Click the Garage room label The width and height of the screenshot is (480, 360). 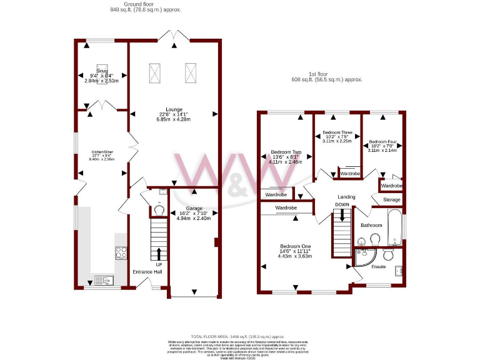coord(194,208)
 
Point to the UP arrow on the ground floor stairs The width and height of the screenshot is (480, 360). coord(158,253)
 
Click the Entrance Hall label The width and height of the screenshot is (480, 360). coord(147,272)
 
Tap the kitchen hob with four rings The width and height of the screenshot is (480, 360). coord(121,252)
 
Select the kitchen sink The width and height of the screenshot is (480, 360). coord(102,279)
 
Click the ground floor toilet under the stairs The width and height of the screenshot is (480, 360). coord(159,211)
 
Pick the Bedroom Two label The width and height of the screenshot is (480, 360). coord(286,152)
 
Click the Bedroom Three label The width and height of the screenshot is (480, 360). coord(337,132)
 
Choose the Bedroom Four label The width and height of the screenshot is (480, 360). coord(382,142)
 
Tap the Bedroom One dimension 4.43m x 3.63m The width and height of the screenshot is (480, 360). coord(294,256)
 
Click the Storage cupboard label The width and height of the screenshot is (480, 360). coord(392,200)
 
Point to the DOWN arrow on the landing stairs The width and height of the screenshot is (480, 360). coord(342,215)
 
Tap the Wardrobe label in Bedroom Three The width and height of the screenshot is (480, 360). coord(349,173)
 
